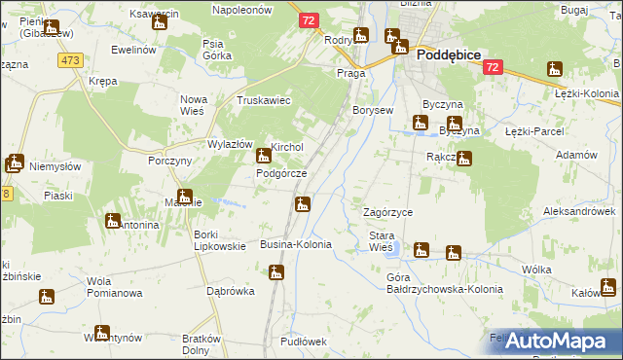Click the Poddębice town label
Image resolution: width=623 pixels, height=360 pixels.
pos(449,56)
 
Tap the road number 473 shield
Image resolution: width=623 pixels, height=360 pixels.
pos(69,60)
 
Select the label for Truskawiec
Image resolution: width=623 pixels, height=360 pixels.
pos(265,100)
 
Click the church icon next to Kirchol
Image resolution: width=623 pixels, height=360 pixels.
pos(263,156)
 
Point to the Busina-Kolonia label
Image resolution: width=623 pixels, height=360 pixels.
pos(296,244)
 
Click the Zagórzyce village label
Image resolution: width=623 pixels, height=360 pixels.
pos(387,212)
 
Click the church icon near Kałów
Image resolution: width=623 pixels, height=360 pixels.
pos(608,287)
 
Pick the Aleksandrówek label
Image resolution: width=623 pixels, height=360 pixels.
pos(580,210)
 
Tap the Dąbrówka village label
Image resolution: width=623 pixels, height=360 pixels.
pos(231,290)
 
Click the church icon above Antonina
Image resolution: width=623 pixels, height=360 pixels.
pos(112,221)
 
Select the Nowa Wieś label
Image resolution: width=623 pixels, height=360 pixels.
pos(194,105)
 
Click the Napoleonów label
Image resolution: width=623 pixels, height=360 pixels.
pos(245,8)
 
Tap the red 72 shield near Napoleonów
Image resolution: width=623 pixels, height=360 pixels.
pos(308,20)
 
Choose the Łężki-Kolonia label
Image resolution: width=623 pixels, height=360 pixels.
pos(588,94)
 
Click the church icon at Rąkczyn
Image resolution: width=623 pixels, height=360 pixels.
pos(465,159)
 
